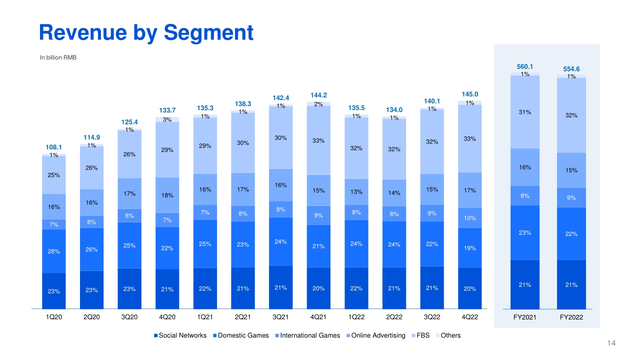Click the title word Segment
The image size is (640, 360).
pos(208,32)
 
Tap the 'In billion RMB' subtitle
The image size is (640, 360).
pos(58,57)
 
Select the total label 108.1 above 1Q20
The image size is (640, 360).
pos(54,147)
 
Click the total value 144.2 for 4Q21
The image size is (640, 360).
pos(318,95)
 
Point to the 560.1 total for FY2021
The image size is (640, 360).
pos(524,66)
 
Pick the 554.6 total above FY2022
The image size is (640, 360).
pos(571,69)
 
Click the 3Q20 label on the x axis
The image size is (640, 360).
pos(129,317)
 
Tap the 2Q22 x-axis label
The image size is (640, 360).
pos(394,317)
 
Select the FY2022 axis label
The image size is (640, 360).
pos(571,317)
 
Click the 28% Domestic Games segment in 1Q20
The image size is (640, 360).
pos(54,251)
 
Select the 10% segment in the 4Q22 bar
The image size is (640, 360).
pos(469,218)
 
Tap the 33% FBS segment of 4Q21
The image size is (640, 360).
pos(318,140)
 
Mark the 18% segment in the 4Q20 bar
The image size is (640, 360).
pos(167,195)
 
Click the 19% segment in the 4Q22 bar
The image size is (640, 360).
pos(469,247)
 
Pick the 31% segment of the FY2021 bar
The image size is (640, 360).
pos(524,112)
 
